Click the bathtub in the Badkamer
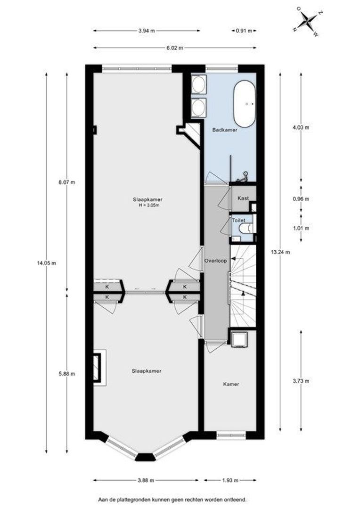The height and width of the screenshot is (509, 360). (244, 104)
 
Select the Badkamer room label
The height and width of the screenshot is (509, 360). (225, 130)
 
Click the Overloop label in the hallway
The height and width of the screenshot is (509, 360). (215, 260)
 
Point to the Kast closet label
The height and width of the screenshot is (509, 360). (243, 198)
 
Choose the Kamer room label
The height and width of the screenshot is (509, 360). (231, 384)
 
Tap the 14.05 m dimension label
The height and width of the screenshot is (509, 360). (47, 263)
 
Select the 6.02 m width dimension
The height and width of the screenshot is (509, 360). (175, 48)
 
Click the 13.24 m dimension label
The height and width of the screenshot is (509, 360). (280, 252)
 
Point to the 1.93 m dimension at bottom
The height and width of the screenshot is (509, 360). (230, 480)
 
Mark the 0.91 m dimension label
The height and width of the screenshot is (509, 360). (244, 31)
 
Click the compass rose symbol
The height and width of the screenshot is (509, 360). (307, 21)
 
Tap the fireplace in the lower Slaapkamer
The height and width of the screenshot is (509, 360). (99, 368)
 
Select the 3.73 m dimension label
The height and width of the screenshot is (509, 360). (301, 381)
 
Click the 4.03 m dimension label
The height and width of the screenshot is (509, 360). (301, 128)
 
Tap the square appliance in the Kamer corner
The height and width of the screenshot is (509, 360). (239, 339)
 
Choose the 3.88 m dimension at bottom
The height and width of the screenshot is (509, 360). (146, 480)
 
